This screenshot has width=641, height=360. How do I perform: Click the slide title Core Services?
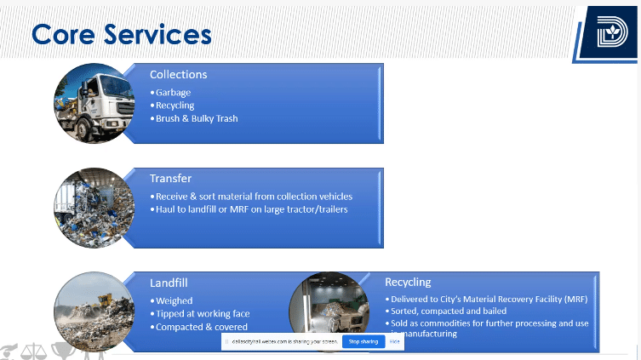(x=121, y=34)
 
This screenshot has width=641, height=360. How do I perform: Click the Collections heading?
(x=178, y=74)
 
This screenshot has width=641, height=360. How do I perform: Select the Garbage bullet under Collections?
(x=173, y=92)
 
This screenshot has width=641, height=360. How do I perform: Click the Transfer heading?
(x=170, y=179)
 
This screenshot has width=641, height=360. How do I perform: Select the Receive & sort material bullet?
(x=255, y=197)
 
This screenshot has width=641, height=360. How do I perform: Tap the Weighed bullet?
(x=174, y=300)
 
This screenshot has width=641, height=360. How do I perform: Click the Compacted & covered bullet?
(x=201, y=327)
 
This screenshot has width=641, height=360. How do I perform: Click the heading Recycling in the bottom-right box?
(x=408, y=282)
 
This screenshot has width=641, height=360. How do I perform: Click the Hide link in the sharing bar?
(x=395, y=341)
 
